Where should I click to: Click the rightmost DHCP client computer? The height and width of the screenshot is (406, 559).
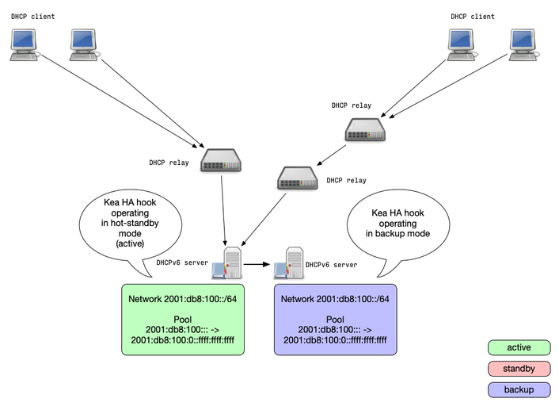(525, 44)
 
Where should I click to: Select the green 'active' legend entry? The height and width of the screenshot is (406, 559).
(519, 347)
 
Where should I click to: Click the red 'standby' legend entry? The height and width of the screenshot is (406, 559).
(519, 369)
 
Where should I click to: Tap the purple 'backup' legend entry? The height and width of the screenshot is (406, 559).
(519, 389)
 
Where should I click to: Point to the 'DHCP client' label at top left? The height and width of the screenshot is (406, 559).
(32, 16)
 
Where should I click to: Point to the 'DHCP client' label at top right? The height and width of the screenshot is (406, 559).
(473, 16)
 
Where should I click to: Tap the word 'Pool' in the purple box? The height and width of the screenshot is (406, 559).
(334, 319)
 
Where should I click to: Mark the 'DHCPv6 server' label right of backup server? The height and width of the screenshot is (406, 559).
(331, 265)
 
